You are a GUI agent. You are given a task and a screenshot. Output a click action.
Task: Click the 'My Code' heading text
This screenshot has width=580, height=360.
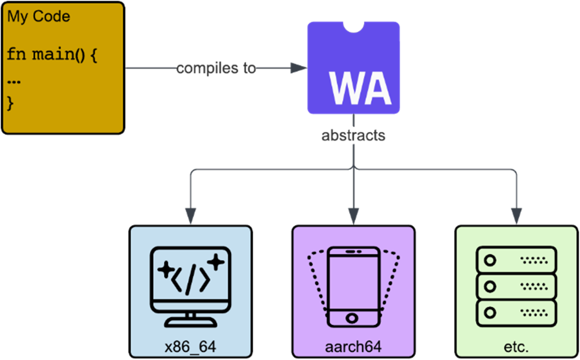[38, 17]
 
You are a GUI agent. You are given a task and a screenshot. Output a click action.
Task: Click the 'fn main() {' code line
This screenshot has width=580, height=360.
[52, 54]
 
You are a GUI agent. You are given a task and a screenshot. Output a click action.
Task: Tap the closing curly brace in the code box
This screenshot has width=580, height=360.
[11, 103]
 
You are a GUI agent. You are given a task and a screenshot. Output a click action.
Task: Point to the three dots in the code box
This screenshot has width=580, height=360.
[14, 82]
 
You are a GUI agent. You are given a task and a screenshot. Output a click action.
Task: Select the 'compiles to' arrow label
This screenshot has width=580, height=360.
[216, 68]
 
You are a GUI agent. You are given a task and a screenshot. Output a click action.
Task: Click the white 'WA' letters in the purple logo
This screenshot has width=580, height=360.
[361, 88]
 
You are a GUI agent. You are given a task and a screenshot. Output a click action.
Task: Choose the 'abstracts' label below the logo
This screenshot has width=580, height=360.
[353, 135]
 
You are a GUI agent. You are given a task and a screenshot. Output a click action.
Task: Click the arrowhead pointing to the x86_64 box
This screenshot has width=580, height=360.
[190, 215]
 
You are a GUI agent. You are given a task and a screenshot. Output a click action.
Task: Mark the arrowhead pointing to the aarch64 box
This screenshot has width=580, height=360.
[353, 215]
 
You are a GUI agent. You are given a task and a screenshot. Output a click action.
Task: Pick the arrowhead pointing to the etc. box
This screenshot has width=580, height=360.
[516, 215]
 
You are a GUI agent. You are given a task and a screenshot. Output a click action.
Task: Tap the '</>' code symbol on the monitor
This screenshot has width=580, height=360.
[191, 279]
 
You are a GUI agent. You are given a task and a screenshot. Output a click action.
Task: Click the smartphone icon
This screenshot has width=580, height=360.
[353, 285]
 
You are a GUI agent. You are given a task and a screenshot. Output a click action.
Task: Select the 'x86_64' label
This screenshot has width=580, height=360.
[190, 347]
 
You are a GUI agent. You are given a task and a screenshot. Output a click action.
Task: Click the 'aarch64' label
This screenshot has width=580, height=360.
[353, 347]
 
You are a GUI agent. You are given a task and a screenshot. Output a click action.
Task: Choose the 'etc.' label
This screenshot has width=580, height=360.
[516, 347]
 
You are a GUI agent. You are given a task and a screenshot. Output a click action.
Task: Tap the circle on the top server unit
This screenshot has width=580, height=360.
[490, 260]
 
